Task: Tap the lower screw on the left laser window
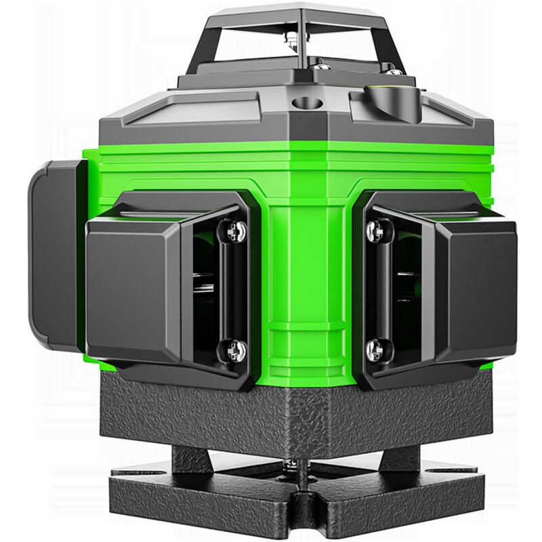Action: [234, 350]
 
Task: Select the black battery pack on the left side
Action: [54, 254]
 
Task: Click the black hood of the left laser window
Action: [135, 285]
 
